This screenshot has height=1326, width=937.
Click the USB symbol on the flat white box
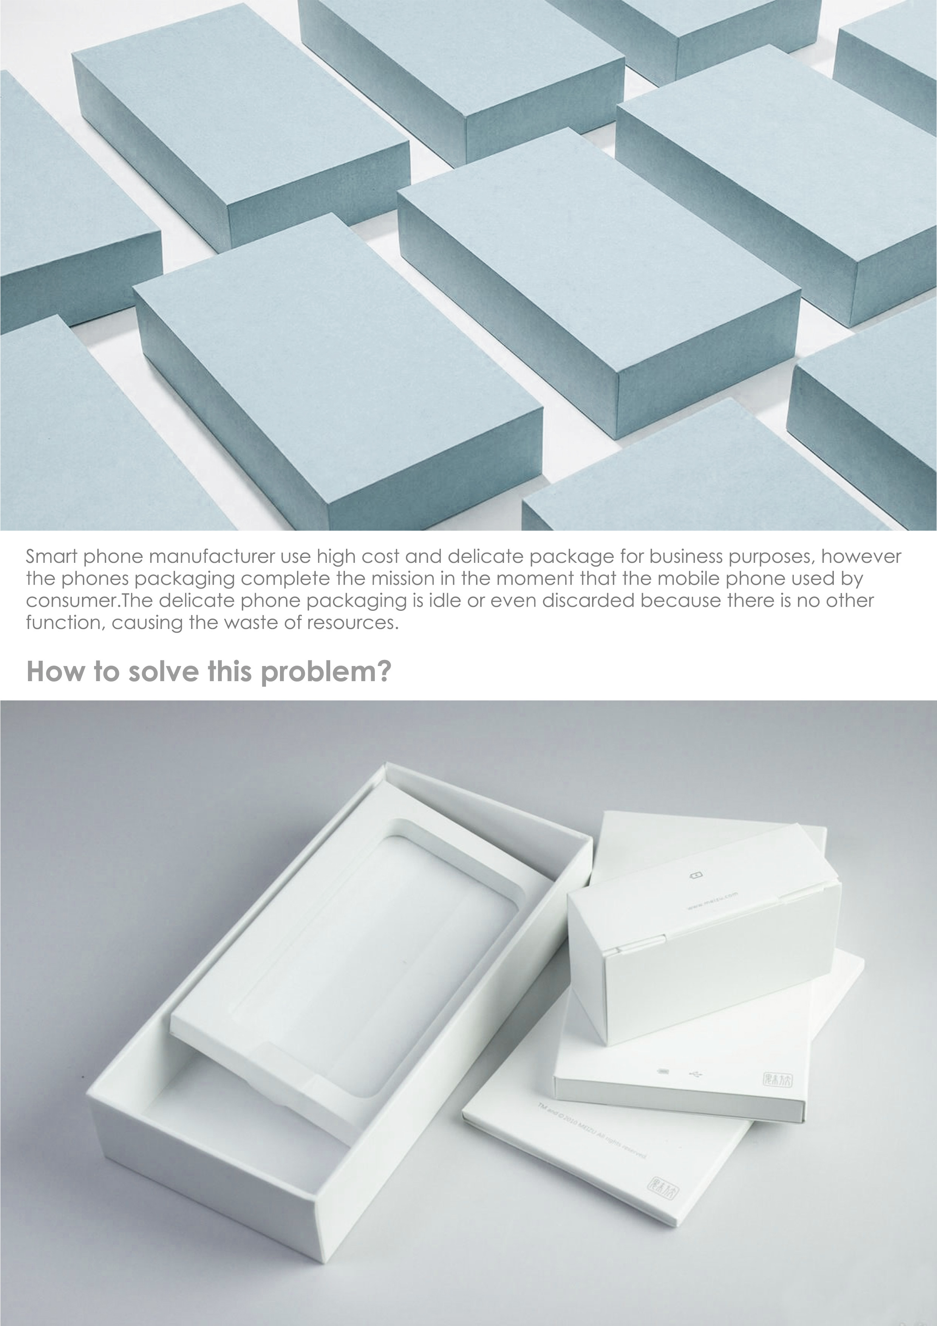point(696,1074)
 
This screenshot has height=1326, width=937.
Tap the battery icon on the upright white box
point(696,875)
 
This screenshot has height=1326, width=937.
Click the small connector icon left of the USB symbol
point(663,1072)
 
